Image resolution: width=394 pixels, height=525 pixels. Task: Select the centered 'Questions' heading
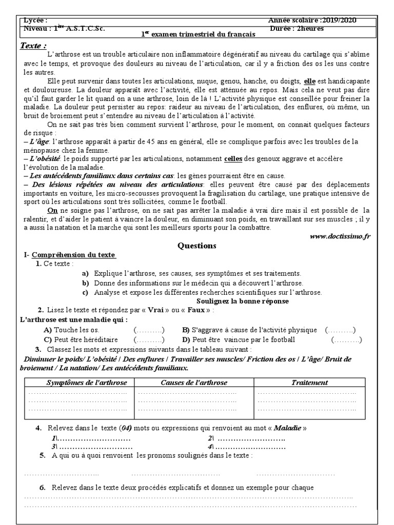coord(197,246)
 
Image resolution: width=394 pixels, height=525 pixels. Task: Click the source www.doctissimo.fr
coord(341,236)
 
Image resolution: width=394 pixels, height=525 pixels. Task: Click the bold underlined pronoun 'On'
coord(52,210)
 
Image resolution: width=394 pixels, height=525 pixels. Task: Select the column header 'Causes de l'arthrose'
coord(194,382)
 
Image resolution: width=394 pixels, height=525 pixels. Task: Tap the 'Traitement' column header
coord(309,382)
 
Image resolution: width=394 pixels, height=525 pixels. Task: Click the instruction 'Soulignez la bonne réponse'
coord(242,301)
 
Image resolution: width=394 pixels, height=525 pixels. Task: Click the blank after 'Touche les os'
coord(149,330)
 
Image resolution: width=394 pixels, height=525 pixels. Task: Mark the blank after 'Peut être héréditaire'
coord(149,339)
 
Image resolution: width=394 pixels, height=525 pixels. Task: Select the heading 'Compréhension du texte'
coord(74,255)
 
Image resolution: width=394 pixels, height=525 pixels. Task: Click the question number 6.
coord(42,488)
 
